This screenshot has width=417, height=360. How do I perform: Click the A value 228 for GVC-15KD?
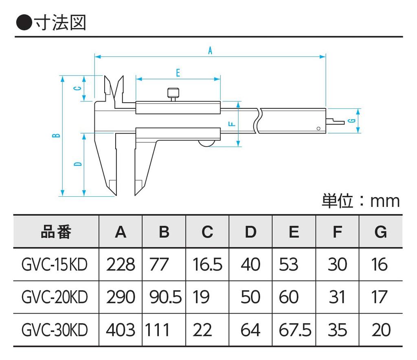click(120, 265)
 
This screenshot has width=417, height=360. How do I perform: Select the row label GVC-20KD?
click(54, 297)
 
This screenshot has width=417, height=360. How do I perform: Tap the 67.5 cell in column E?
click(295, 330)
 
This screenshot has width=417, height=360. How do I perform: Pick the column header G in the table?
click(380, 232)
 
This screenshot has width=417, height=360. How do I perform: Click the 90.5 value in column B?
click(165, 297)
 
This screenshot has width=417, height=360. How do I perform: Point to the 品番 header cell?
click(56, 232)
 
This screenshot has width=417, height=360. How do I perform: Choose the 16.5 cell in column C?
click(207, 265)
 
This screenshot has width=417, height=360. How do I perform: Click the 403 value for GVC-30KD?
click(120, 330)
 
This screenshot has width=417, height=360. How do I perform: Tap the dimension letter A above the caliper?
click(211, 51)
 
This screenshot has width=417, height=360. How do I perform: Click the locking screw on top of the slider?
click(173, 94)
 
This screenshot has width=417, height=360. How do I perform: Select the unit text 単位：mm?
click(360, 201)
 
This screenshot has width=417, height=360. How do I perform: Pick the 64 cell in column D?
click(250, 330)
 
